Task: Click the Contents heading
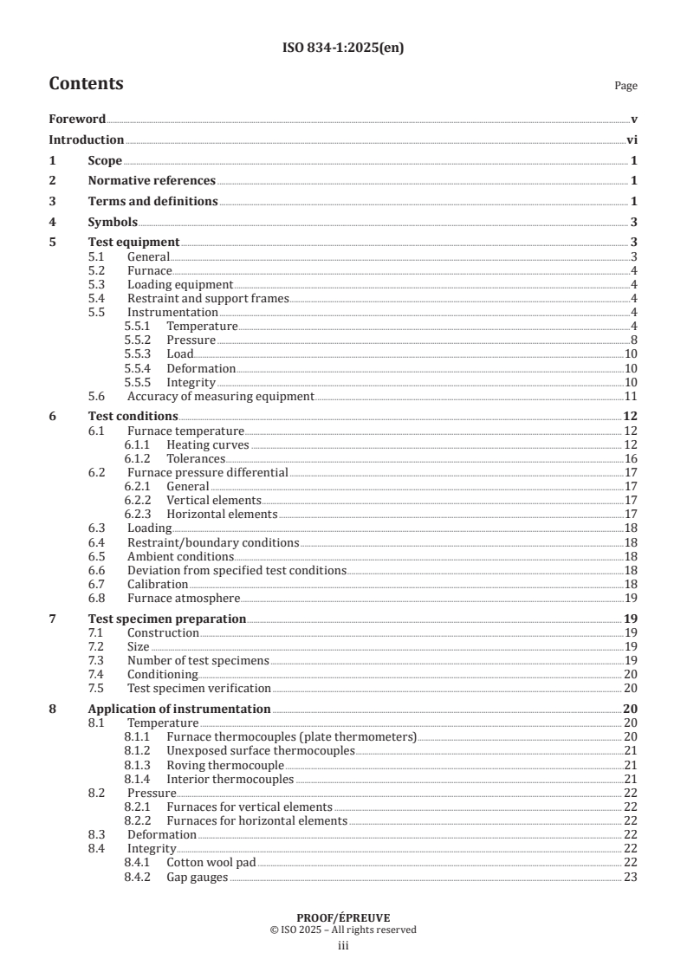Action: point(86,84)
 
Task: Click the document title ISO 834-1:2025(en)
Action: point(343,49)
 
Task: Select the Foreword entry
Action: point(77,120)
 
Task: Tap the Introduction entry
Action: point(86,139)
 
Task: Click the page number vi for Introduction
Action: point(632,139)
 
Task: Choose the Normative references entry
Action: point(152,180)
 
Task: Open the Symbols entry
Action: point(113,222)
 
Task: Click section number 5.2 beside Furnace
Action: point(98,270)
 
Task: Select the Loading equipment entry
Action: point(180,284)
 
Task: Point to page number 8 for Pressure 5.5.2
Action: point(634,340)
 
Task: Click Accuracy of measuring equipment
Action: point(220,396)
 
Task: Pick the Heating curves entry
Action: point(207,444)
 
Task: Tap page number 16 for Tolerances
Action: point(631,458)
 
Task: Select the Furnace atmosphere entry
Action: point(183,598)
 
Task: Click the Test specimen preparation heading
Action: point(167,619)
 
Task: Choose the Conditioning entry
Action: point(162,674)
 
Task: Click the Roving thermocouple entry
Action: point(225,765)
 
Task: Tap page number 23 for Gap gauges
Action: point(631,877)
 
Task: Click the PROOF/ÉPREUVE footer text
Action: point(343,917)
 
